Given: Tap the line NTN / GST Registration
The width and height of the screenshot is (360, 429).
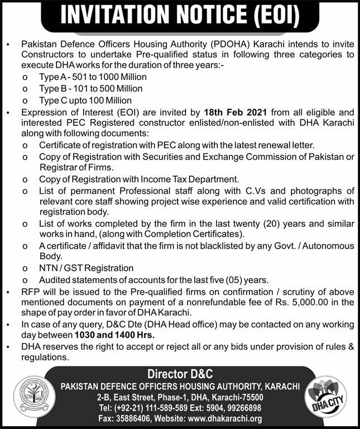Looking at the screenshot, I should click(78, 268).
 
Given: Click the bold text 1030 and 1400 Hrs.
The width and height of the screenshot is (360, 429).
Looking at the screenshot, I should click(114, 335).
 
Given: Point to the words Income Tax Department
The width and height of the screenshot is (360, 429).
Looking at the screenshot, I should click(191, 179).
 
